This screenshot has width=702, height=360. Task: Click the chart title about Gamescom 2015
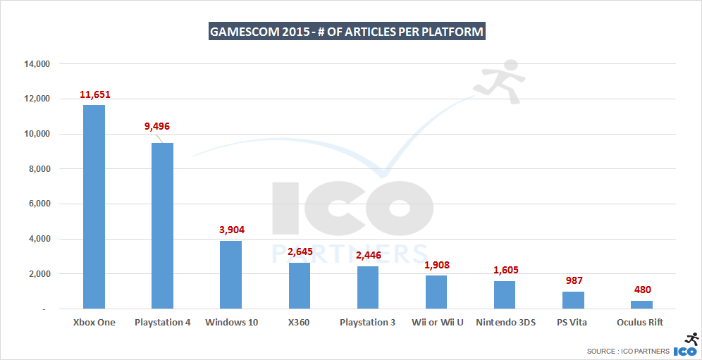[346, 32]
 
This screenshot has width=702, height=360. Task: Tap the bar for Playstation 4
[162, 225]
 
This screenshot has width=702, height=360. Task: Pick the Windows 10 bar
[230, 275]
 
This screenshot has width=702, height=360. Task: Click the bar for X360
[299, 285]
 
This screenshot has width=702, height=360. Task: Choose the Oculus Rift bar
[641, 304]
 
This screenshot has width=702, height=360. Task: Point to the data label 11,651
[94, 94]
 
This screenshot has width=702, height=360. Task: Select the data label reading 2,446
[367, 256]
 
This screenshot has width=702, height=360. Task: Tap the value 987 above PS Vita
[573, 281]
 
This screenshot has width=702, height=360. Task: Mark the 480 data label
[641, 290]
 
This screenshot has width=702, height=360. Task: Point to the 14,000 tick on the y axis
[37, 64]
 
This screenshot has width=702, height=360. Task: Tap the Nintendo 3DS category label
[505, 323]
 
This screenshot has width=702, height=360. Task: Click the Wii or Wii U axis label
[436, 323]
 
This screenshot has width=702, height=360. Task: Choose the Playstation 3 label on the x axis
[367, 323]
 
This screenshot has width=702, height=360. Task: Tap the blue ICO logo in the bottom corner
[686, 350]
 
